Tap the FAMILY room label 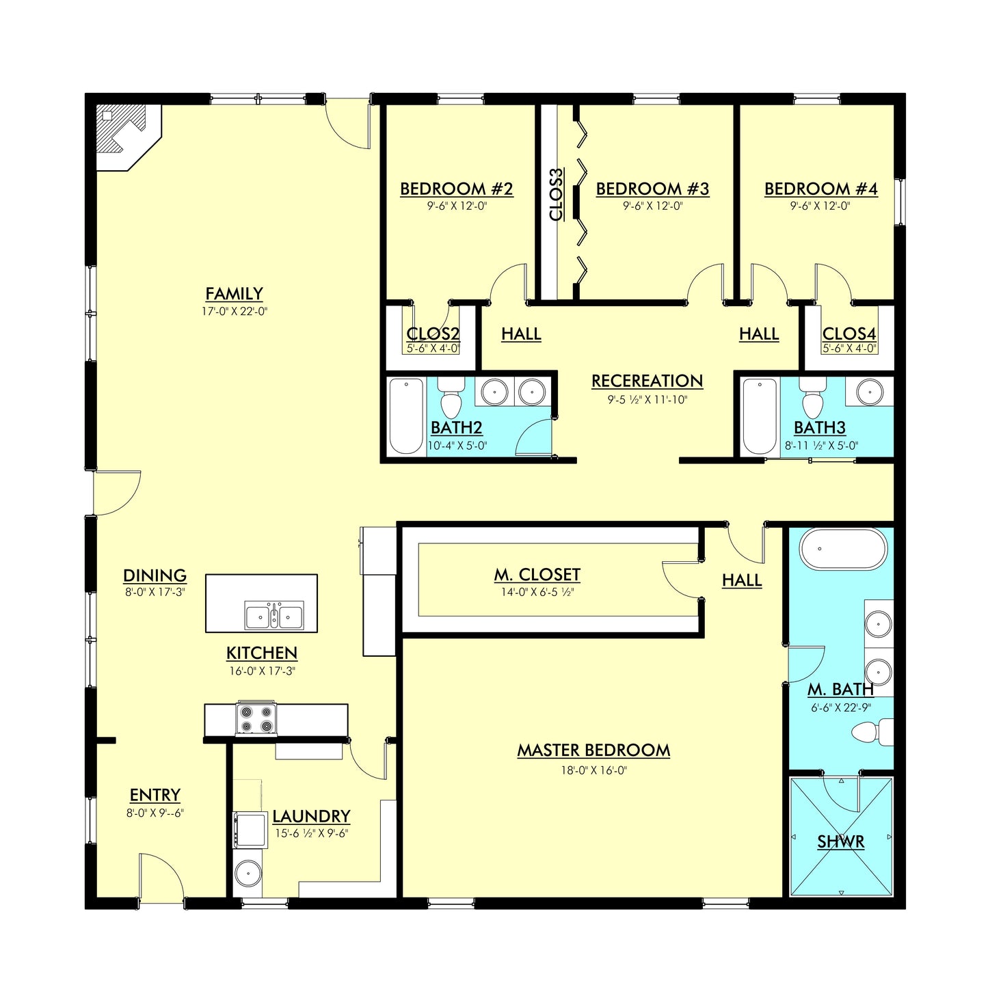(234, 294)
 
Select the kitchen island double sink (274, 617)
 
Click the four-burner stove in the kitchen (256, 719)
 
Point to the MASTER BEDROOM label (593, 751)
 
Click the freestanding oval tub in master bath (843, 549)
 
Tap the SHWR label (840, 841)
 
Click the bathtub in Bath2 (406, 416)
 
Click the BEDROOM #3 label (652, 189)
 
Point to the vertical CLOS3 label (557, 195)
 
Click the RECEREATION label (647, 381)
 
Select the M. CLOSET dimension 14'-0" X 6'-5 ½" (537, 592)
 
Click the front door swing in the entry (161, 875)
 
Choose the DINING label (155, 576)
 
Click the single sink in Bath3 (868, 392)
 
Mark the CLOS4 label (849, 334)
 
